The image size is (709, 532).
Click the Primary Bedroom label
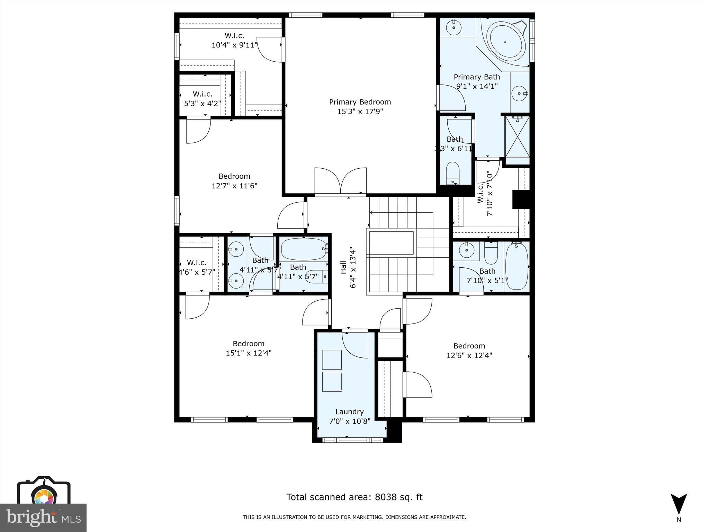[x=360, y=102]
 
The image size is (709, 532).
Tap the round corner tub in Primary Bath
[x=505, y=42]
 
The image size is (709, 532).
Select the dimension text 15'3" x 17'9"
[x=360, y=112]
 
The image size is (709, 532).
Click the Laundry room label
[x=349, y=412]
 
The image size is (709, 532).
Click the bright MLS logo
[x=43, y=517]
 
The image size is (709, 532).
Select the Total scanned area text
[x=354, y=497]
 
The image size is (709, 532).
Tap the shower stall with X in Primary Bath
[x=517, y=137]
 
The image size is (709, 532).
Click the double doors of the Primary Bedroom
[x=341, y=181]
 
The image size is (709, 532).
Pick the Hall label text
[x=343, y=267]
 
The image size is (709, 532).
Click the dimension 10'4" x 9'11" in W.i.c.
[x=234, y=45]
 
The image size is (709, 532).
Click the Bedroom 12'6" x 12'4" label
[x=469, y=346]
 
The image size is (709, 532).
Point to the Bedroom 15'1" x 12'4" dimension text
[x=249, y=353]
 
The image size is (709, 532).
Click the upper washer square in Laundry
[x=332, y=360]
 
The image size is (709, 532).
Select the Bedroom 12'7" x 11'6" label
[x=234, y=176]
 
